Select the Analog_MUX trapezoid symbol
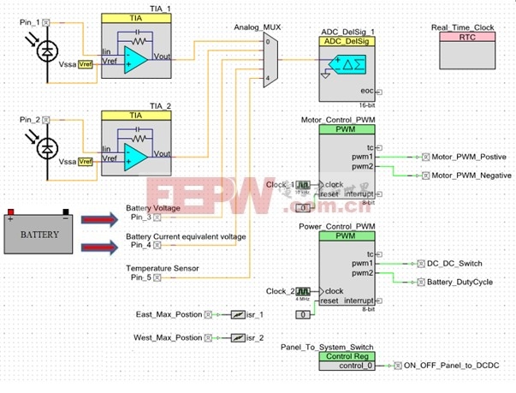click(268, 60)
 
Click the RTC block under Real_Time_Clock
click(466, 52)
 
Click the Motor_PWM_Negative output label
click(472, 175)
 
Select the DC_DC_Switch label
click(454, 263)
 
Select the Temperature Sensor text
click(163, 268)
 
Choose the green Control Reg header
click(347, 355)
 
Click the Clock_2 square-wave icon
click(302, 291)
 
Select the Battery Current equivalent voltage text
click(186, 236)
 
